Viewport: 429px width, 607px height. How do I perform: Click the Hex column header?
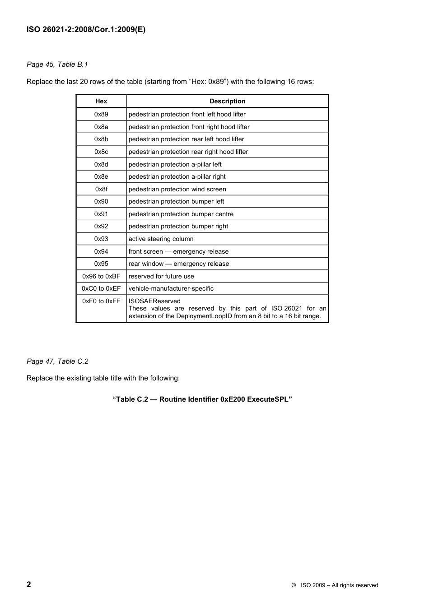click(101, 102)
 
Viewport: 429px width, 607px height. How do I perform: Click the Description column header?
click(227, 102)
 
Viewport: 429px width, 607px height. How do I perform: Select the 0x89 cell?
click(101, 115)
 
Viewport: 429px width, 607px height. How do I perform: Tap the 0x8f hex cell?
click(101, 190)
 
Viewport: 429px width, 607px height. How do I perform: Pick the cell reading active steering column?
click(161, 239)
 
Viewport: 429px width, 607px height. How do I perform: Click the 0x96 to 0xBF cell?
click(101, 277)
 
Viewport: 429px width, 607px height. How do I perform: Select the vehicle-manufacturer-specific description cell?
click(171, 289)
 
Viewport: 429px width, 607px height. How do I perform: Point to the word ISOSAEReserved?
click(154, 301)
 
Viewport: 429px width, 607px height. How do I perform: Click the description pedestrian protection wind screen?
click(177, 190)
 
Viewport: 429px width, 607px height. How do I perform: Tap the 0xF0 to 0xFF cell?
click(101, 301)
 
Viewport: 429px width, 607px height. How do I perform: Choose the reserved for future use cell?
click(161, 277)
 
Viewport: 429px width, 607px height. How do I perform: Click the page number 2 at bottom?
click(29, 584)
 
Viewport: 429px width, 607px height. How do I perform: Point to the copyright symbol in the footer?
click(294, 585)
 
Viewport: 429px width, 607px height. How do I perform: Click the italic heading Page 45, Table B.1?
click(57, 65)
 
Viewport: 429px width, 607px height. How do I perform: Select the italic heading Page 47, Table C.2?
click(57, 361)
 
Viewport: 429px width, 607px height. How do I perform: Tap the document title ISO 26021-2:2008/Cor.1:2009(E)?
click(86, 30)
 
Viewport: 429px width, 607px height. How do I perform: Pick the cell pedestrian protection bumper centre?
click(181, 214)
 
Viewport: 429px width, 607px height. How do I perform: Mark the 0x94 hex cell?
click(101, 252)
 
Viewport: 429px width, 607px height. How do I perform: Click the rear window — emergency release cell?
click(178, 264)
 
